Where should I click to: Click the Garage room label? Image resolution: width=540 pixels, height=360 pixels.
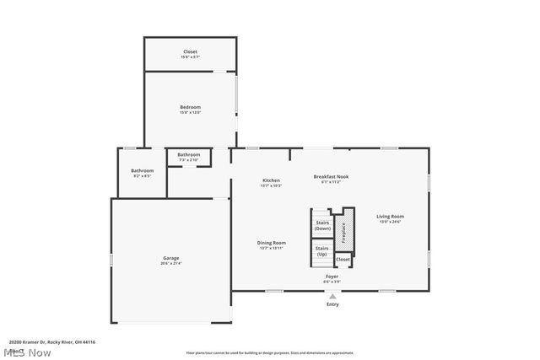coord(171,258)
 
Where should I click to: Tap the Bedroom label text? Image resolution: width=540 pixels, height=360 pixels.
coord(190,107)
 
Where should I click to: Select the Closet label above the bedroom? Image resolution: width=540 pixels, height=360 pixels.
coord(191,52)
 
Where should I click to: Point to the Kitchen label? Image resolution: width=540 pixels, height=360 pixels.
coord(271,180)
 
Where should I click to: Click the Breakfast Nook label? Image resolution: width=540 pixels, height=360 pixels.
coord(331,176)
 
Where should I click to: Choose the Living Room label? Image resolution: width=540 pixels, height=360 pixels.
coord(390,217)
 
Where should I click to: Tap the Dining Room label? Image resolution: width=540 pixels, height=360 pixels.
coord(272,243)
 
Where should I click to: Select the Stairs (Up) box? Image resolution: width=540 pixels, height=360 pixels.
coord(321,251)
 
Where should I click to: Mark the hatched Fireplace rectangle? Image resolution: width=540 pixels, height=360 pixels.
coord(344,232)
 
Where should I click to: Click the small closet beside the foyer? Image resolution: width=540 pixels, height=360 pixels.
coord(343,260)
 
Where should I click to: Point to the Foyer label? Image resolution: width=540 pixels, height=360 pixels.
coord(332,277)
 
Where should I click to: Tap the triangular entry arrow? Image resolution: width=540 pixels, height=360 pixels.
coord(332,296)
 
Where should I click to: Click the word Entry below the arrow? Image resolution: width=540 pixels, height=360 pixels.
coord(332,304)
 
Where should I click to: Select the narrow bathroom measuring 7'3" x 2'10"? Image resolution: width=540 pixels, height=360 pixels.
coord(189,157)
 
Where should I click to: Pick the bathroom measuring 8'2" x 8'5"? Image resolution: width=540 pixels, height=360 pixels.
coord(142,173)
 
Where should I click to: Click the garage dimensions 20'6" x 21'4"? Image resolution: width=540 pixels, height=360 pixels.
coord(171,263)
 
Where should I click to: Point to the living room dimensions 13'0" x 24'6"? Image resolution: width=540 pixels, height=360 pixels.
coord(390,222)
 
